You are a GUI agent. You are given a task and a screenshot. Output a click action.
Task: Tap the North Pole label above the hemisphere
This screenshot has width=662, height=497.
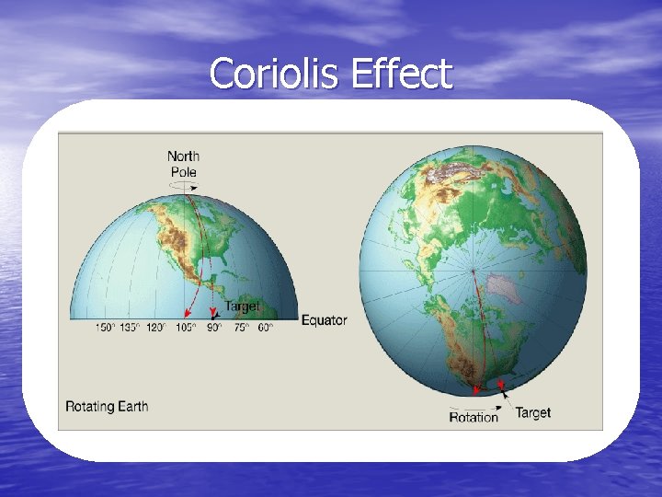183,164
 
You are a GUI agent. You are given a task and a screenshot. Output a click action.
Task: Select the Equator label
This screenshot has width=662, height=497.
325,320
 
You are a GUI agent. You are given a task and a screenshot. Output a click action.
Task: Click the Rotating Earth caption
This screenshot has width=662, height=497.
107,406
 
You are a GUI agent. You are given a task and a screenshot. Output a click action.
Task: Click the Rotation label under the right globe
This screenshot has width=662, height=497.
474,417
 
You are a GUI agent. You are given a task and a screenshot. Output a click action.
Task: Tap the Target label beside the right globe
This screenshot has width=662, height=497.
533,412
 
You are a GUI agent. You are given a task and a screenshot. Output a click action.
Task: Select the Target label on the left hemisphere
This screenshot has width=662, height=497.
242,306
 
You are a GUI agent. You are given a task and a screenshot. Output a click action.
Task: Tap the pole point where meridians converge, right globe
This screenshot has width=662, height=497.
473,270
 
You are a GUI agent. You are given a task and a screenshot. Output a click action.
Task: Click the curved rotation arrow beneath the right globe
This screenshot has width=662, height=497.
469,404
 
